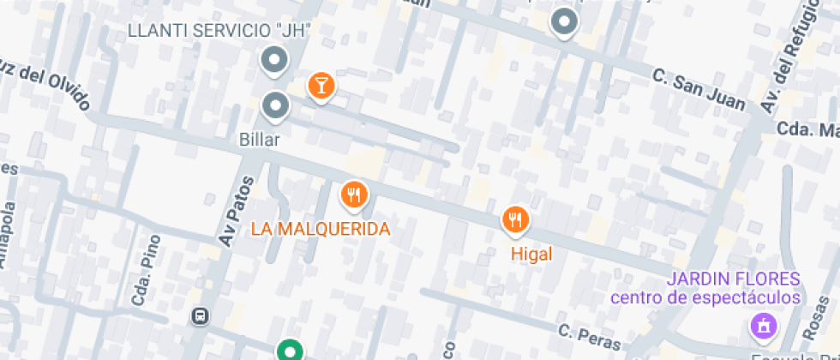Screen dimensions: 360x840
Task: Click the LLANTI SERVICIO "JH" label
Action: click(x=218, y=31)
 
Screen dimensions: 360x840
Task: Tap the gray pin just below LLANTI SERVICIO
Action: click(x=274, y=61)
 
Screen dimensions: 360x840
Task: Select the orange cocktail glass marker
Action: click(x=321, y=86)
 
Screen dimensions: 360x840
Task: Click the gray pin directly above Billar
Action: click(x=274, y=105)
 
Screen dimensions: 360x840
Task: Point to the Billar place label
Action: click(x=261, y=139)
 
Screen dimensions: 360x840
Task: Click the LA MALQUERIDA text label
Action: click(x=321, y=229)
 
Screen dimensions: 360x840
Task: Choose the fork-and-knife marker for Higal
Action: click(x=514, y=220)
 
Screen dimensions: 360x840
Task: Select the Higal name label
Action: click(x=531, y=254)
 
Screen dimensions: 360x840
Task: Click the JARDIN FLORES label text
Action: click(x=733, y=279)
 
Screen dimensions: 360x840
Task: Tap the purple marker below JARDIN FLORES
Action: click(x=760, y=325)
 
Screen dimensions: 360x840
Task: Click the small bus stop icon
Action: click(x=200, y=316)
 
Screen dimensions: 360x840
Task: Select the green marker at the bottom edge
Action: click(x=290, y=351)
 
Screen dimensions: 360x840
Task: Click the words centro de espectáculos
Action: click(x=705, y=297)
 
